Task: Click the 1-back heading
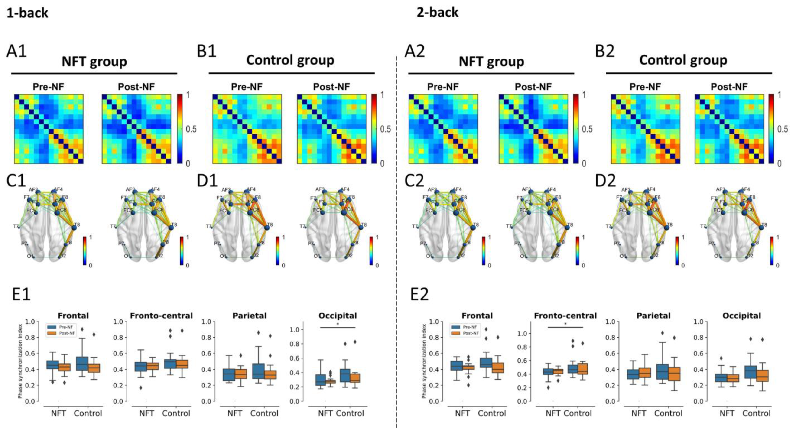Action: [27, 13]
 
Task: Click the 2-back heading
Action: [437, 13]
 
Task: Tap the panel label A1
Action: [17, 51]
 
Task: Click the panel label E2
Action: [419, 295]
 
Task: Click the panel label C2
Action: [414, 181]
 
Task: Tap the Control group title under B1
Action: [290, 60]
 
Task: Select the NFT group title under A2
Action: [491, 62]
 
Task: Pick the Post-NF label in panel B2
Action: [729, 87]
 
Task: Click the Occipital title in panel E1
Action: [338, 316]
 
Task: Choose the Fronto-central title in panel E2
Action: [565, 316]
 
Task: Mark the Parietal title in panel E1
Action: [249, 316]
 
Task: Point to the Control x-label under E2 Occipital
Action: [756, 413]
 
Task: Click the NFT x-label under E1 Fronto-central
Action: [146, 413]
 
